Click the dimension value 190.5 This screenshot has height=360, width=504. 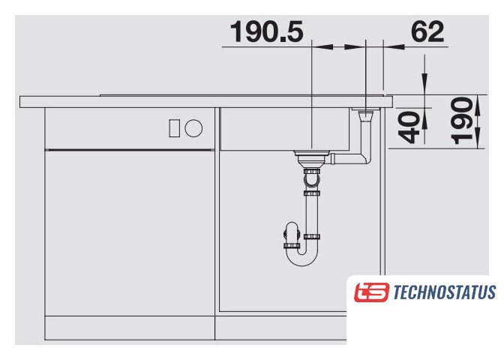tap(267, 31)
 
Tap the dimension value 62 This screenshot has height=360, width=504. tap(427, 31)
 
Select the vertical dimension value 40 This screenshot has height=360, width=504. tap(409, 127)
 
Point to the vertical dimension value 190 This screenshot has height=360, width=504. tap(461, 121)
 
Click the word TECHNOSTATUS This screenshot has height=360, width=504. tap(445, 292)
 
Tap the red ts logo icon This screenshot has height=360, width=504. tap(371, 292)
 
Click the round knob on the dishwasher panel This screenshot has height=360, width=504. tap(193, 128)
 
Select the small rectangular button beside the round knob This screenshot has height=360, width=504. tap(175, 128)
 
